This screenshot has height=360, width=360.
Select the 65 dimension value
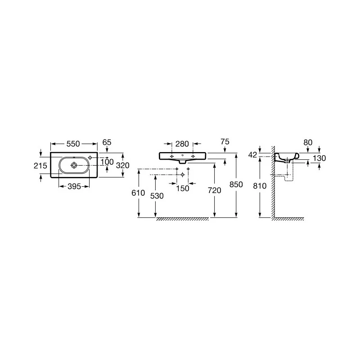(x=107, y=142)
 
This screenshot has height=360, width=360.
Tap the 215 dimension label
(x=40, y=166)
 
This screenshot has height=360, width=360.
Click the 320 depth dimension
(x=123, y=165)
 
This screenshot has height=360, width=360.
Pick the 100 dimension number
(x=107, y=162)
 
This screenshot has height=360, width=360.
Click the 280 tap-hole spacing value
(x=182, y=144)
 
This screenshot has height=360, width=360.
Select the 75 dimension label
(x=225, y=142)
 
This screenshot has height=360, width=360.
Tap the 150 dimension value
(x=182, y=189)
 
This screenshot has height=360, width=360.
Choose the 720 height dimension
(x=215, y=190)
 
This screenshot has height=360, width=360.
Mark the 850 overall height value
(x=236, y=184)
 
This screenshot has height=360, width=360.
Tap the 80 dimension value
(x=308, y=142)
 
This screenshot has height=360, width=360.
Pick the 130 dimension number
(x=319, y=158)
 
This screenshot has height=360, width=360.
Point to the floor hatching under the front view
(x=182, y=219)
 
